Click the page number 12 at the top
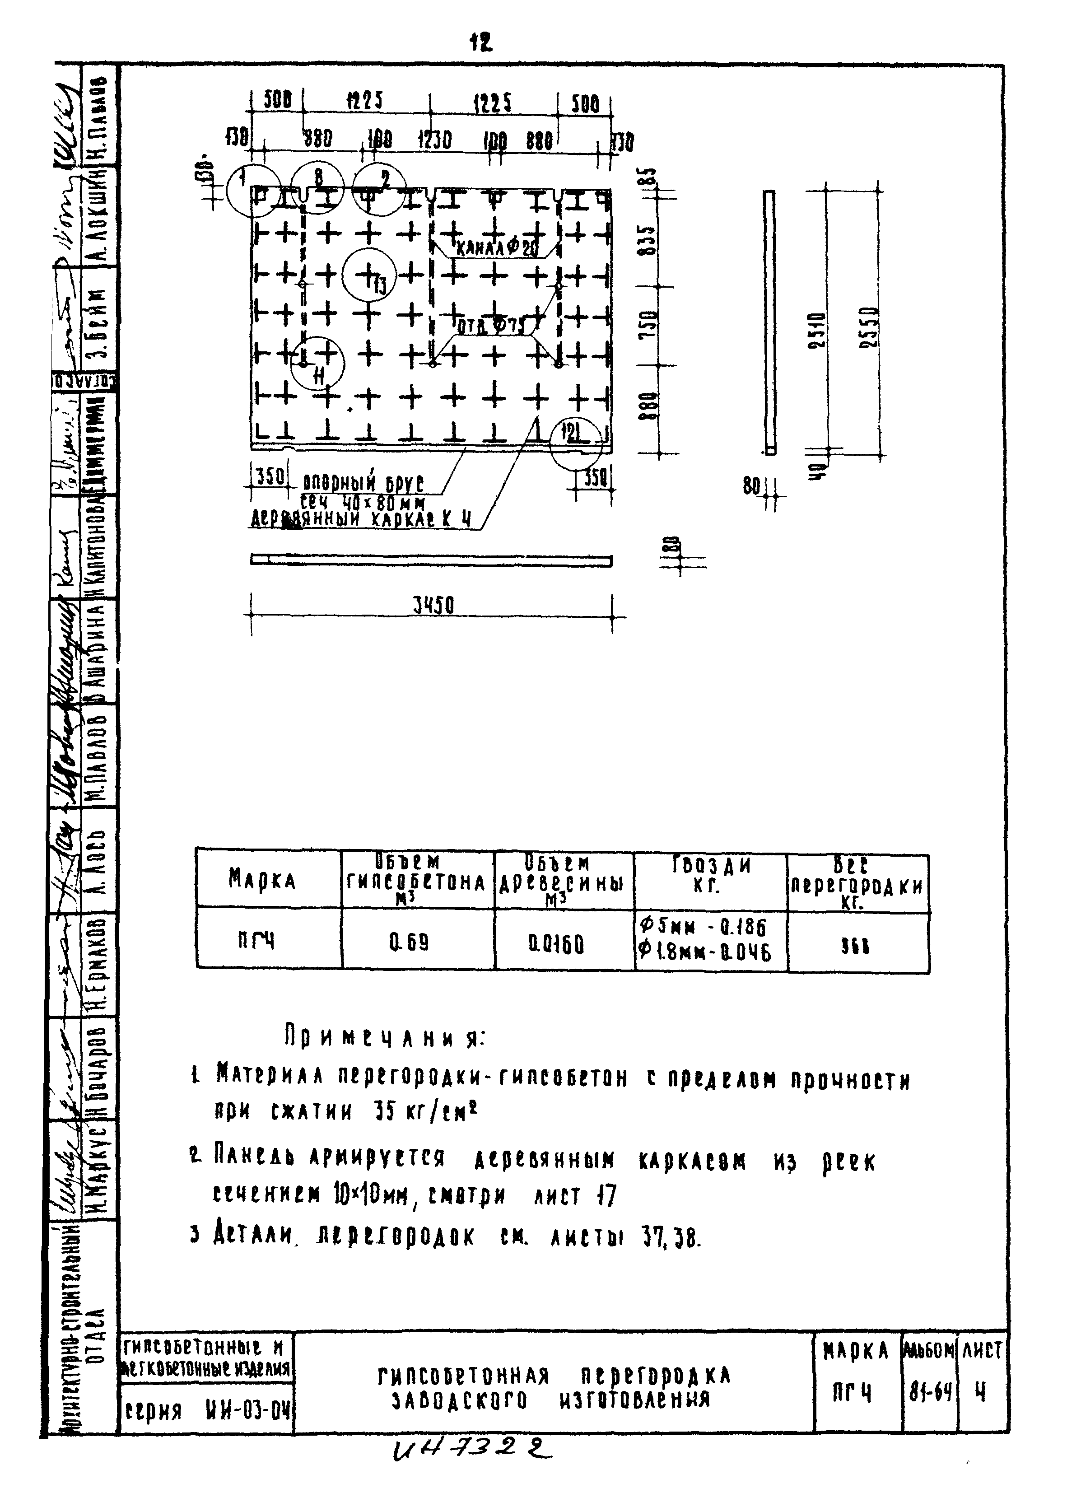tap(480, 43)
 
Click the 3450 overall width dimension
tap(433, 605)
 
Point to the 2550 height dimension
tap(871, 329)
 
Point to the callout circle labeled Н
tap(317, 362)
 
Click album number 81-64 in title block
tap(930, 1391)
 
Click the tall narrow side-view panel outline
tap(769, 322)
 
